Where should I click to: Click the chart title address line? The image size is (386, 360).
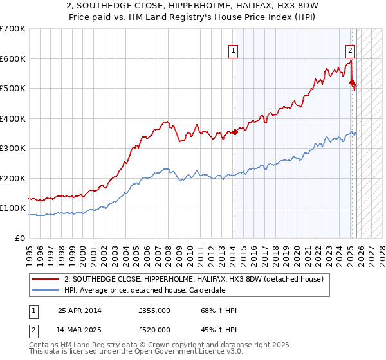pos(192,6)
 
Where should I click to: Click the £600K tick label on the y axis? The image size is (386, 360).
pos(13,59)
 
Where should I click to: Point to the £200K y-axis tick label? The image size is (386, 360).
pos(13,178)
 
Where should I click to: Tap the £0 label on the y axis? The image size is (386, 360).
pos(21,238)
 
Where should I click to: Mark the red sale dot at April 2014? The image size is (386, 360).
pos(235,132)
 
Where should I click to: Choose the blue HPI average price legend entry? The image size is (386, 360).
pos(144,290)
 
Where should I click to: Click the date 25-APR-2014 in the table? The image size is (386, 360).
pos(80,310)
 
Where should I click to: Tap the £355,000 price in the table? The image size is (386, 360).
pos(154,310)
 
